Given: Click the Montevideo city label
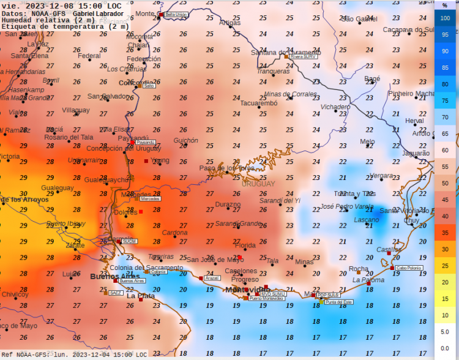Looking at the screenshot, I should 247,290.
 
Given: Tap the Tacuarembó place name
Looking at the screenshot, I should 258,103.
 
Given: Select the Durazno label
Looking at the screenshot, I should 228,204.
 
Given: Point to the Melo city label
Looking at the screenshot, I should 367,141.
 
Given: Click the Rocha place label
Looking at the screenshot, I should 358,269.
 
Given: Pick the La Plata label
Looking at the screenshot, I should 141,296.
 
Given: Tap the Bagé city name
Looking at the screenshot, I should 372,78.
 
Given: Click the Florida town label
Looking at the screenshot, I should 245,246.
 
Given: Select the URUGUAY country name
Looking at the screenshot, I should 258,184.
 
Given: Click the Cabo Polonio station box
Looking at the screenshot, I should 409,268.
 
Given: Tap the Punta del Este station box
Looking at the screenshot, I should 338,302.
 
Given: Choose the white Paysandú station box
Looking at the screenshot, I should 146,143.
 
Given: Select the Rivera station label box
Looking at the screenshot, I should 304,56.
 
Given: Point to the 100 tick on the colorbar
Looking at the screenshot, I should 445,18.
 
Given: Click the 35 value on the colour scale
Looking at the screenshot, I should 445,233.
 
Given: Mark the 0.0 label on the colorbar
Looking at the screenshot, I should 445,348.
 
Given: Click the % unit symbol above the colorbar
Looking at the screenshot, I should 445,5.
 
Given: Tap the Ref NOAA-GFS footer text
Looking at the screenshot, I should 28,354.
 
